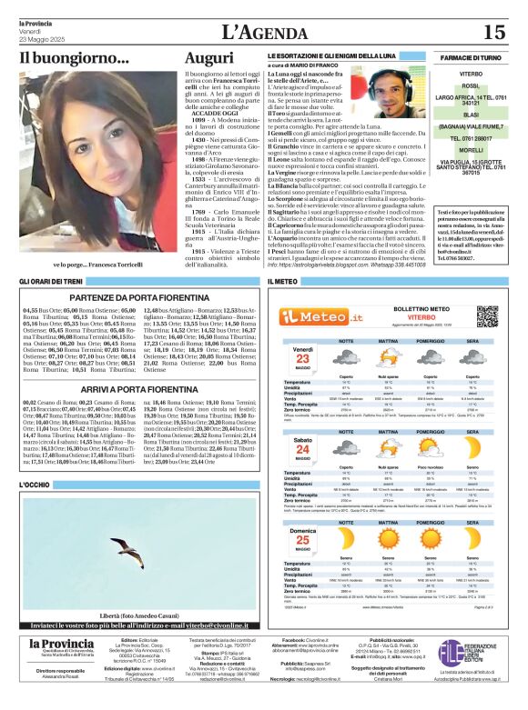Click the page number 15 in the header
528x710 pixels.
[x=493, y=33]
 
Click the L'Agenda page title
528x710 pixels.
[x=265, y=33]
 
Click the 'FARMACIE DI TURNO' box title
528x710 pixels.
[x=471, y=57]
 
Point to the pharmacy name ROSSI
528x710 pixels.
[x=471, y=86]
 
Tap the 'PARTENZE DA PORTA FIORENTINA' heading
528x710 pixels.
[x=134, y=296]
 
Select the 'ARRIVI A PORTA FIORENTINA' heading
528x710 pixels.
[x=134, y=388]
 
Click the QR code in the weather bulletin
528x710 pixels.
[x=487, y=315]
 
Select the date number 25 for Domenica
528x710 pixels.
[x=301, y=540]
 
